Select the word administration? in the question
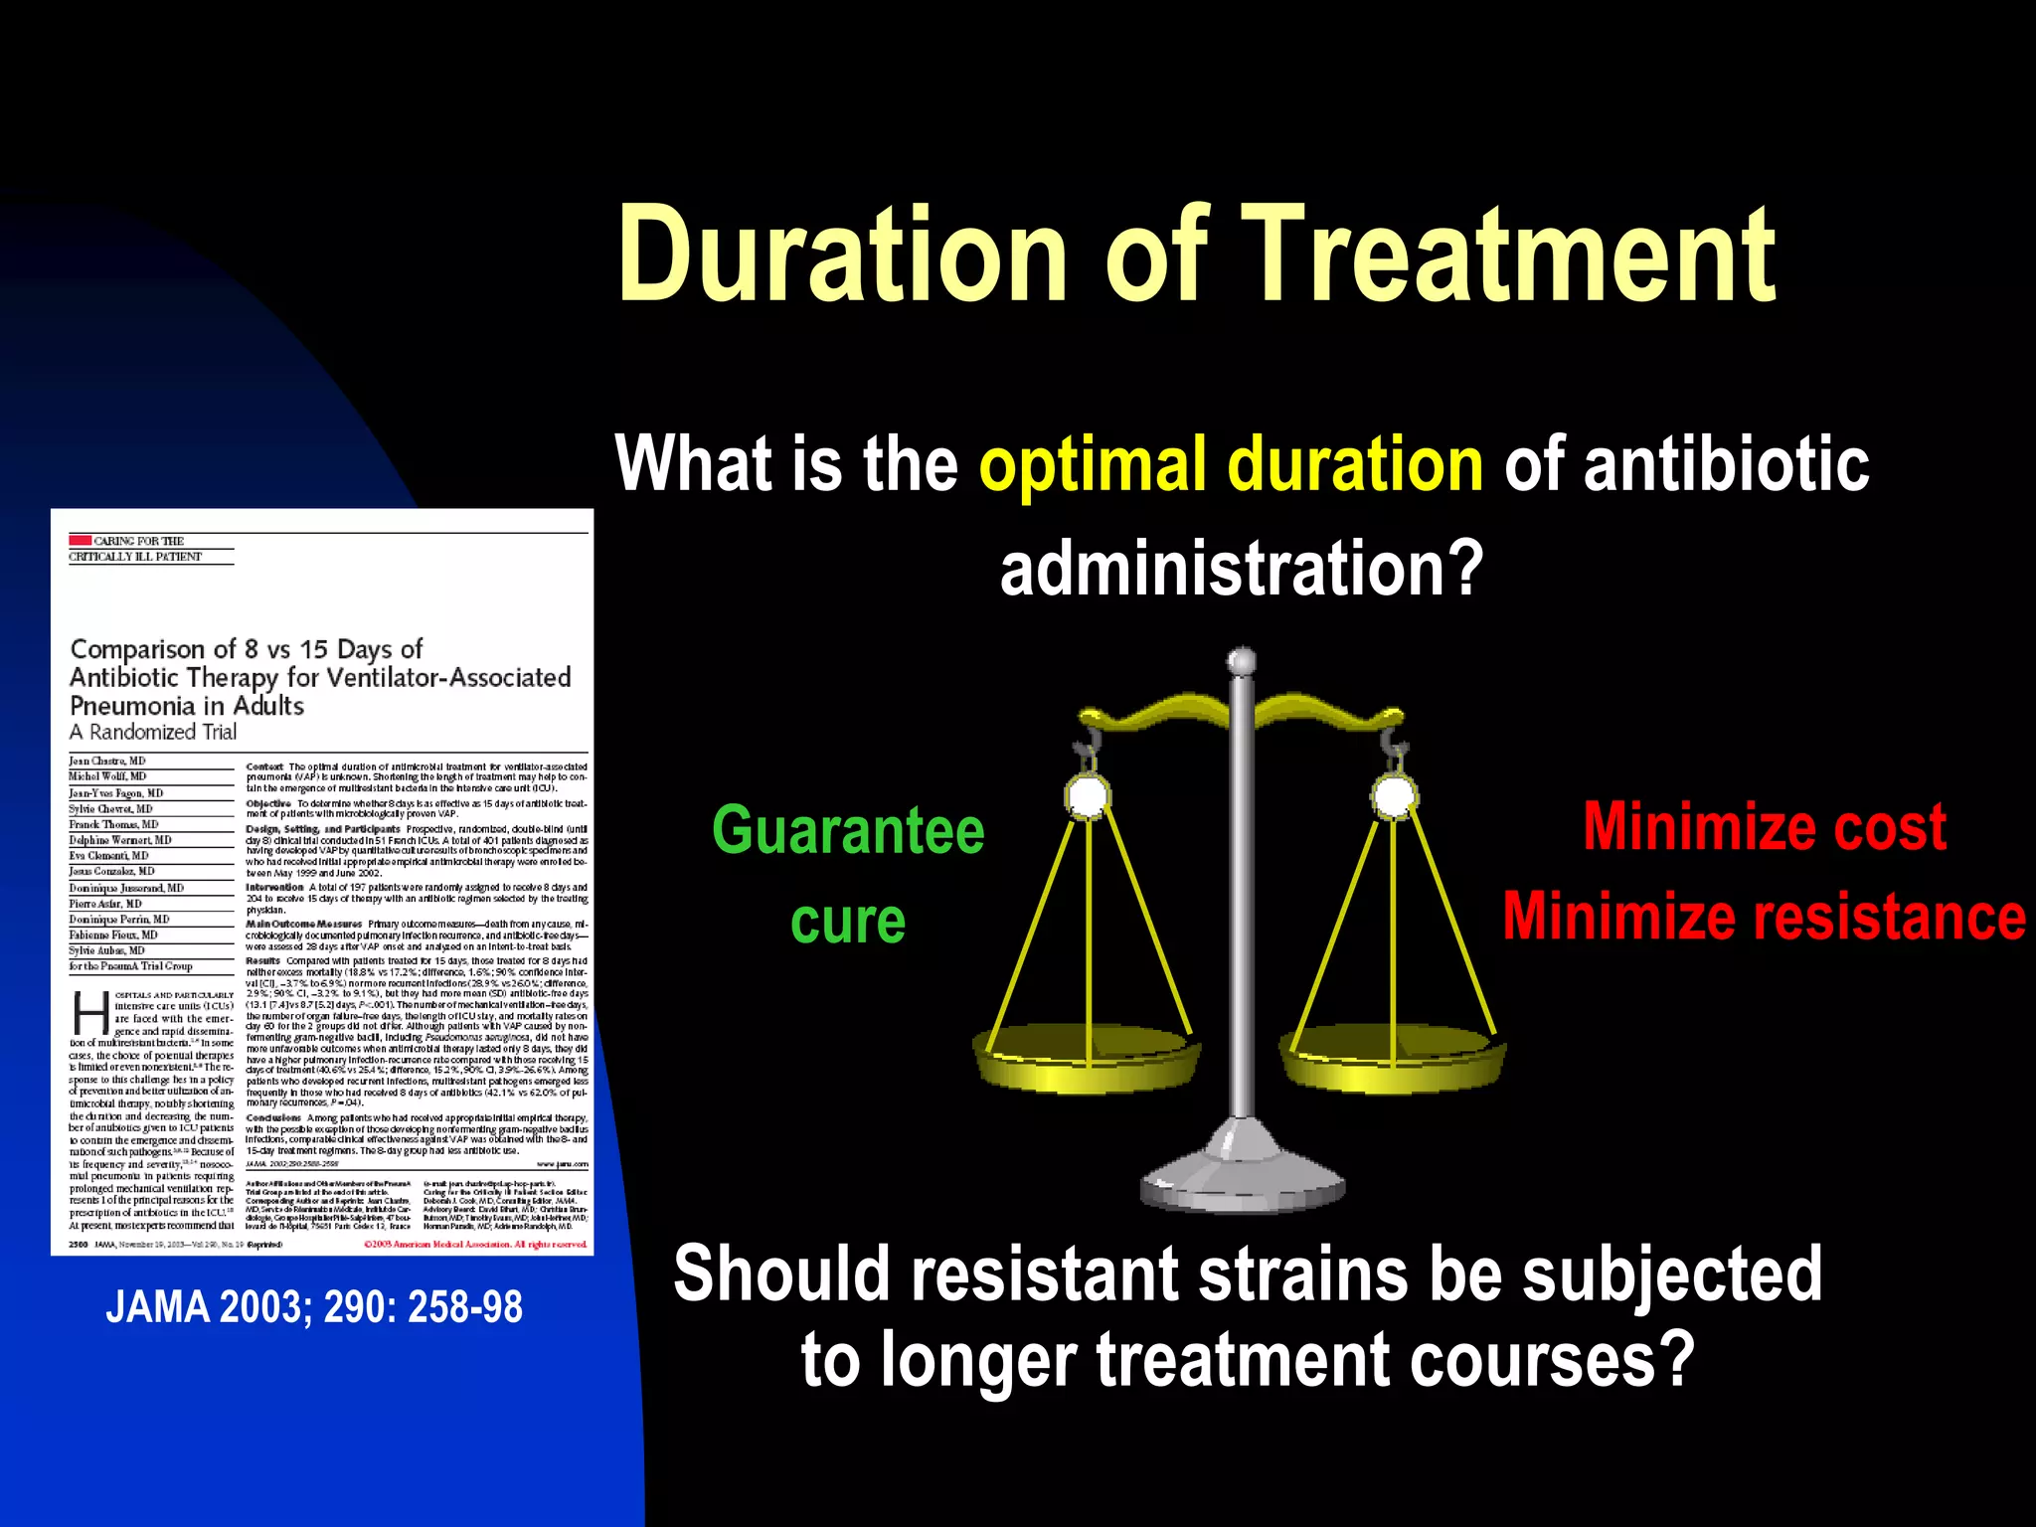(1241, 569)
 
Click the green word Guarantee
(848, 830)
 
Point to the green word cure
(848, 922)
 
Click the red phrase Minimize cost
(1765, 827)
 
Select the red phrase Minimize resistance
(1764, 916)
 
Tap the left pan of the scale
(1087, 1059)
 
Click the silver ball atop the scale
(1242, 661)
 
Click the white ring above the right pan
(1394, 795)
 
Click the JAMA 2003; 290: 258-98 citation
(314, 1306)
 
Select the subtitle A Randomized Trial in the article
(153, 733)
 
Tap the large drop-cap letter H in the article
(90, 1013)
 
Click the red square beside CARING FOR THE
(80, 540)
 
